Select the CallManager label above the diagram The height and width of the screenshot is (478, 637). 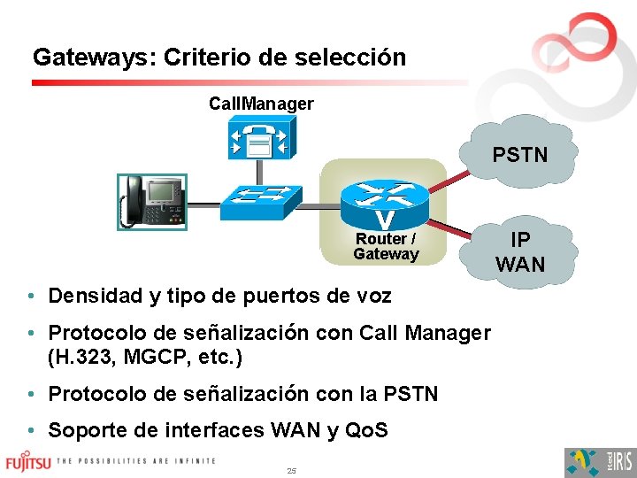pyautogui.click(x=261, y=104)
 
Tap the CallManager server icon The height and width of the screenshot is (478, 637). pyautogui.click(x=260, y=141)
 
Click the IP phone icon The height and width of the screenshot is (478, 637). pyautogui.click(x=153, y=200)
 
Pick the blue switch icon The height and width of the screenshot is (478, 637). pyautogui.click(x=261, y=202)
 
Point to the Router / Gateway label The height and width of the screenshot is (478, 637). pyautogui.click(x=386, y=247)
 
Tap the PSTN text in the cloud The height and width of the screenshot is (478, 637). pyautogui.click(x=519, y=156)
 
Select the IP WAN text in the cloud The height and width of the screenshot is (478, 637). pyautogui.click(x=520, y=251)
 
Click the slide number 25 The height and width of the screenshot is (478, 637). pyautogui.click(x=291, y=470)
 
